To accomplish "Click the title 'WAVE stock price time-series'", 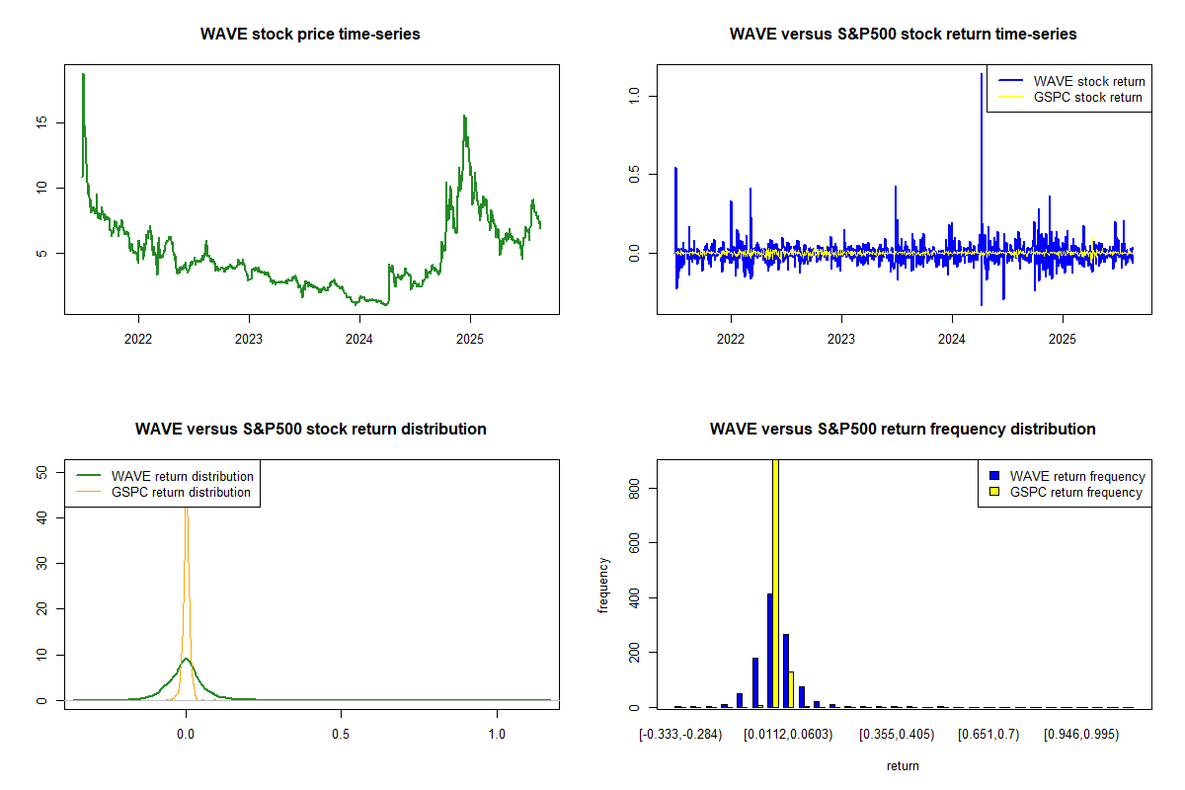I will (310, 34).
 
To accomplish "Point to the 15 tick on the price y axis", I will (44, 122).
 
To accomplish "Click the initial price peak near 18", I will (83, 75).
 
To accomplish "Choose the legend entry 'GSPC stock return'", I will (1087, 97).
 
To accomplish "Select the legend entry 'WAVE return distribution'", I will (183, 476).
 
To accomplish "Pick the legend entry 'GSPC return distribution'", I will (181, 492).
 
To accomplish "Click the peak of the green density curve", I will (186, 659).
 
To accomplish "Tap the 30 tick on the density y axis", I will (44, 563).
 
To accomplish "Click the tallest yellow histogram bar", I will (775, 583).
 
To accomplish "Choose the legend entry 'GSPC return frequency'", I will (1076, 492).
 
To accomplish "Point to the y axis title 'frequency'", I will (603, 586).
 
